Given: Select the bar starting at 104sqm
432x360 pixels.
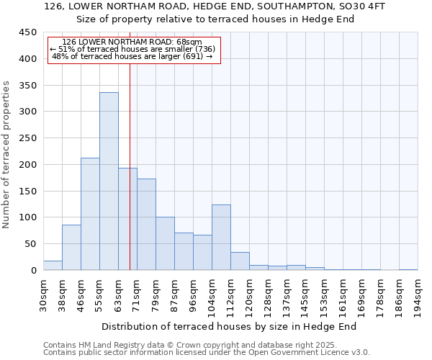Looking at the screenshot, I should click(x=221, y=238).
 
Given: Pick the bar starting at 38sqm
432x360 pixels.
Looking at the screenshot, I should click(x=71, y=248).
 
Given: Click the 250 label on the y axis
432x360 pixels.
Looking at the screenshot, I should click(x=28, y=138).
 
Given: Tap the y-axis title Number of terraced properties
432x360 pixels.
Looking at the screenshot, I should click(x=6, y=155).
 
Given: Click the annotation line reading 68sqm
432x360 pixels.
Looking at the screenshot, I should click(x=132, y=42).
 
